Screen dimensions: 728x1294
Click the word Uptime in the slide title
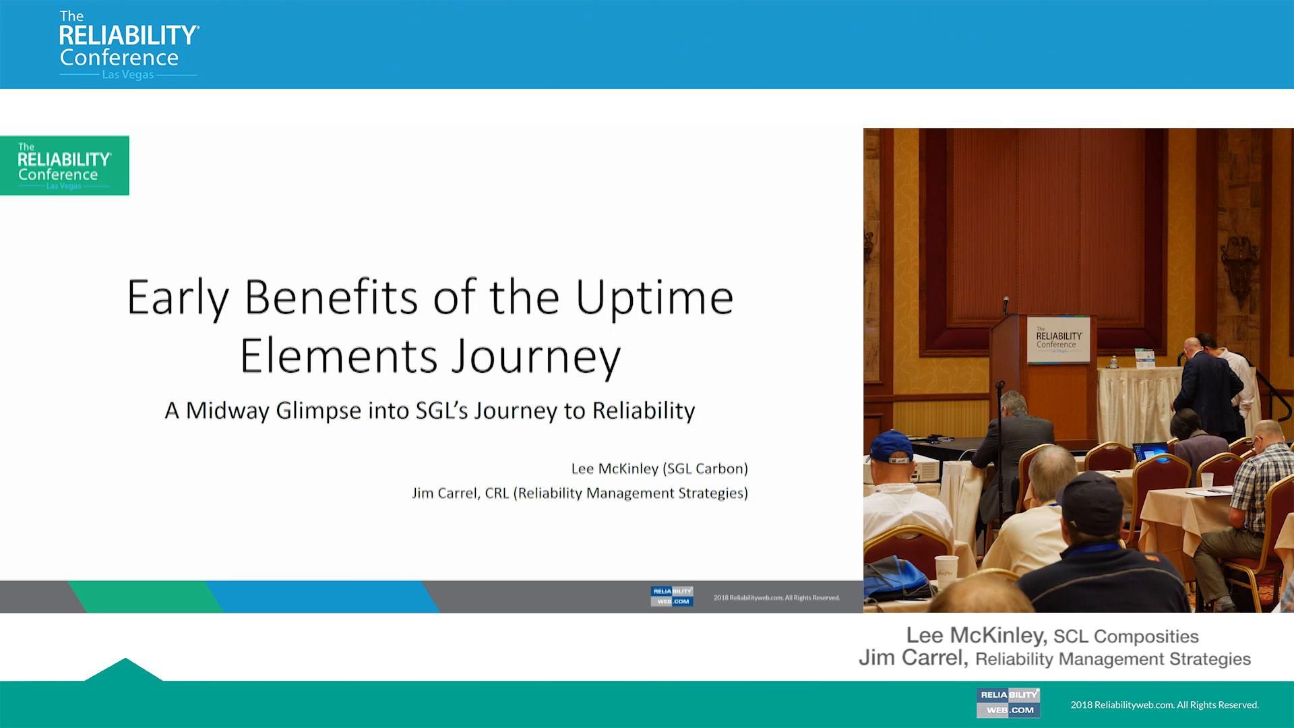click(654, 298)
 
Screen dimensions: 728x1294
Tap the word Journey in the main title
click(536, 357)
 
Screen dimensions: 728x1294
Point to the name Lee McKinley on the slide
click(614, 468)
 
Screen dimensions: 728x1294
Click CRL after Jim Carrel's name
click(497, 493)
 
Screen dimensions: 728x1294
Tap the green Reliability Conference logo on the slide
click(65, 166)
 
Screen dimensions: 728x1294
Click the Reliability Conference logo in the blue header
click(128, 44)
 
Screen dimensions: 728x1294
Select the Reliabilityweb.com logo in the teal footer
click(1008, 702)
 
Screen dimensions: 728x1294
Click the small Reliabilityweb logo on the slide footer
click(671, 596)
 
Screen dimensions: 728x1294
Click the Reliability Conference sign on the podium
click(1058, 340)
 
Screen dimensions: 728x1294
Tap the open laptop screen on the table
click(1151, 450)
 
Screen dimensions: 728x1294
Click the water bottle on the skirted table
click(1113, 363)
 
